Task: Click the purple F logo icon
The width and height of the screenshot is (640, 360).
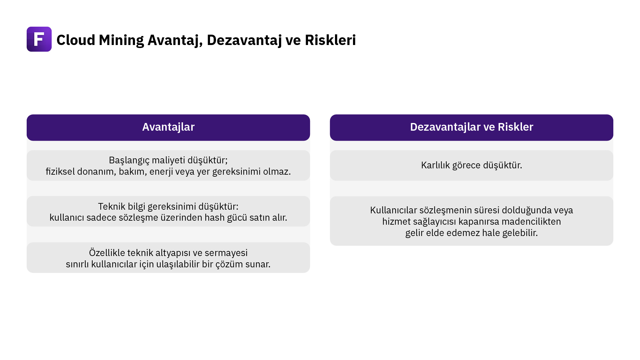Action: point(39,39)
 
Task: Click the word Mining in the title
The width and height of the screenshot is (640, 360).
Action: point(121,40)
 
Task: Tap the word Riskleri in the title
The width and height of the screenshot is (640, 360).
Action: point(330,40)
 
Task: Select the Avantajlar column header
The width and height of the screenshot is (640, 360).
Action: point(168,127)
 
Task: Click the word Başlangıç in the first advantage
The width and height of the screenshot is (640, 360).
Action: point(129,161)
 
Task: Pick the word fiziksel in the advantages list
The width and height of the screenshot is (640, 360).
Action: point(60,171)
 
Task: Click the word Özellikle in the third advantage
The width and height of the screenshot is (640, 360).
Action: point(107,253)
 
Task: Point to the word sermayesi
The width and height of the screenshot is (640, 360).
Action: point(226,253)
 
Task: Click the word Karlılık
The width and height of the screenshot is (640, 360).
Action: point(435,165)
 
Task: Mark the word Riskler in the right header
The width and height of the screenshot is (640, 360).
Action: point(515,127)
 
